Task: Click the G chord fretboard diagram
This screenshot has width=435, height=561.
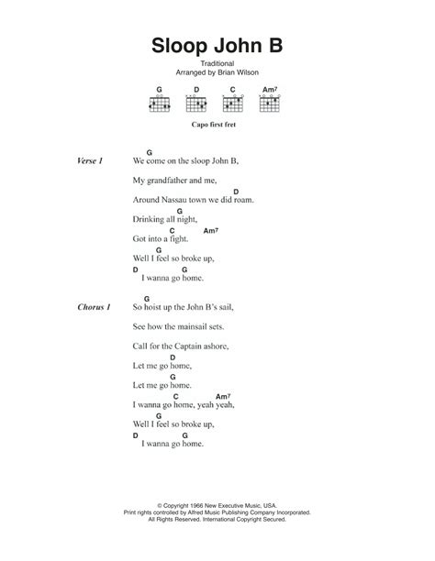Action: (x=160, y=104)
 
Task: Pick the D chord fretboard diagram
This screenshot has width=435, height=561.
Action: (x=195, y=104)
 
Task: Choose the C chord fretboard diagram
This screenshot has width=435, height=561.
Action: (x=233, y=104)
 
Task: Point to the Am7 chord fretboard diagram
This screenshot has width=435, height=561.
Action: (x=270, y=104)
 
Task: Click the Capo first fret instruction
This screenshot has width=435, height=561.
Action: (x=217, y=131)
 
